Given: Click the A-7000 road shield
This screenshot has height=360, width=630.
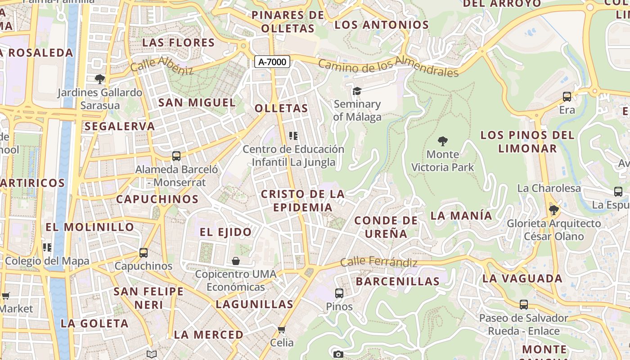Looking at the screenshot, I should click(272, 62).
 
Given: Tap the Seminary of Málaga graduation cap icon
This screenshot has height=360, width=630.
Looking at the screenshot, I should click(357, 91).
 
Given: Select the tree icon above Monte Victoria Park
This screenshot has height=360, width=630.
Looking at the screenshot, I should click(443, 141).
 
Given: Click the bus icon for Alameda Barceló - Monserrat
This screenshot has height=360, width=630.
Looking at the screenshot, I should click(176, 156).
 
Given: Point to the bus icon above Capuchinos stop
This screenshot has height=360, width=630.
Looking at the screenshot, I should click(144, 253).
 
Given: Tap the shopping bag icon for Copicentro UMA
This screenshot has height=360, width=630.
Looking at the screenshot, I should click(235, 261).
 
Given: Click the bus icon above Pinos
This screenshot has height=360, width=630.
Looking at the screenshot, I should click(339, 293).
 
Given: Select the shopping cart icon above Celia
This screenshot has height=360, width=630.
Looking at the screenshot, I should click(282, 330).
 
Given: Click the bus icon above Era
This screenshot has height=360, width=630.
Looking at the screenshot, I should click(567, 97).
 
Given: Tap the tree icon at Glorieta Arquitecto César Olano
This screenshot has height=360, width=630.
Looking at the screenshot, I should click(554, 210).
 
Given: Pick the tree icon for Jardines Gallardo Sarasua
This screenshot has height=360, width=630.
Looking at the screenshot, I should click(100, 80).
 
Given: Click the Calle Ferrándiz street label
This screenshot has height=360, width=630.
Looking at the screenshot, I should click(378, 262).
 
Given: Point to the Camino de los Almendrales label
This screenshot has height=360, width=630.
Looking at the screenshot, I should click(388, 66).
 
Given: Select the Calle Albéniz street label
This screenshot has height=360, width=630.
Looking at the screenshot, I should click(162, 66).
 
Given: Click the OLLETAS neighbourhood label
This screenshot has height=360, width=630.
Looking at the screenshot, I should click(281, 108).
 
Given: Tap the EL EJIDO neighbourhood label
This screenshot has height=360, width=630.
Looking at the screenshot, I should click(226, 232).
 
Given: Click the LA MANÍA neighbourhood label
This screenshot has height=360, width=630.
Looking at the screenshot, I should click(461, 216).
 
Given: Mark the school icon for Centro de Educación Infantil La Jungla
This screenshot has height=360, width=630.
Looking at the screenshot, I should click(293, 136).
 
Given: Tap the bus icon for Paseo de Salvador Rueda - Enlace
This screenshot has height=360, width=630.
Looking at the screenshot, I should click(524, 305).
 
